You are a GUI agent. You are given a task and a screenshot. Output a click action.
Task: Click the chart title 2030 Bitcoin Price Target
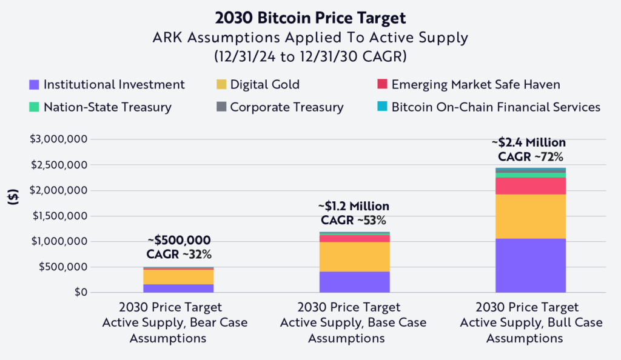(x=310, y=16)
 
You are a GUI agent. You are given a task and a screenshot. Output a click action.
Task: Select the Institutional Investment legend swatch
(x=34, y=85)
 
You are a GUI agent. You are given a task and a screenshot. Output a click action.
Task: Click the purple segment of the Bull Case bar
(x=531, y=265)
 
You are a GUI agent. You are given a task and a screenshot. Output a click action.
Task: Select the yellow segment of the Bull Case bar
(x=531, y=216)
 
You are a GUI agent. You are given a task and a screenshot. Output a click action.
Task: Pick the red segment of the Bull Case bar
(x=531, y=186)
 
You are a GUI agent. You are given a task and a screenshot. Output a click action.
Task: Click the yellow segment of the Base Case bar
(x=354, y=256)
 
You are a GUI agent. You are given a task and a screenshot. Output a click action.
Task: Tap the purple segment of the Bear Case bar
(x=178, y=288)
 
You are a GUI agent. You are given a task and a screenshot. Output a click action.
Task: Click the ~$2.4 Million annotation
(x=529, y=143)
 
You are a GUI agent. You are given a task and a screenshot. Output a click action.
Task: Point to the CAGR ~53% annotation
(x=353, y=220)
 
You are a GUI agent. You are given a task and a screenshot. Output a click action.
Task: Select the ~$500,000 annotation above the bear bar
(x=178, y=240)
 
